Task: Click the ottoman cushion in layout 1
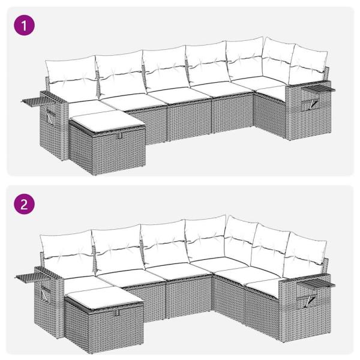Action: click(106, 121)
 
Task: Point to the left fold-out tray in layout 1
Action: click(35, 97)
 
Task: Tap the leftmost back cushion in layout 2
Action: click(65, 250)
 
